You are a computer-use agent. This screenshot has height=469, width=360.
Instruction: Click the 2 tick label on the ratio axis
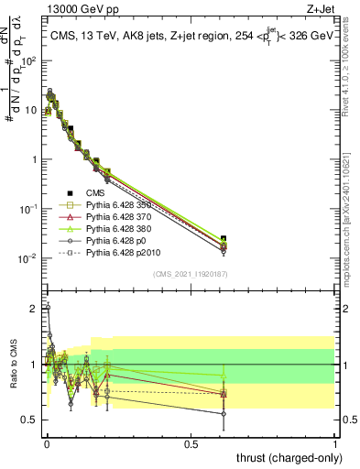34,309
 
